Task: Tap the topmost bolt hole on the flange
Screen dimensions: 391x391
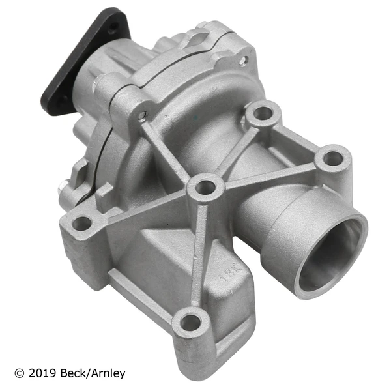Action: [x=263, y=113]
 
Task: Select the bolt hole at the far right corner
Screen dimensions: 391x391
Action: [x=332, y=158]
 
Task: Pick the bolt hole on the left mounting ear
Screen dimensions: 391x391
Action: [x=82, y=224]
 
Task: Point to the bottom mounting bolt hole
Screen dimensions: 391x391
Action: [x=190, y=321]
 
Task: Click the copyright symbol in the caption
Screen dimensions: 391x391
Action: [x=18, y=373]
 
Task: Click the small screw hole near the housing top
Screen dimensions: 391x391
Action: [x=243, y=61]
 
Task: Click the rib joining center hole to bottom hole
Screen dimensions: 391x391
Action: [x=199, y=254]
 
